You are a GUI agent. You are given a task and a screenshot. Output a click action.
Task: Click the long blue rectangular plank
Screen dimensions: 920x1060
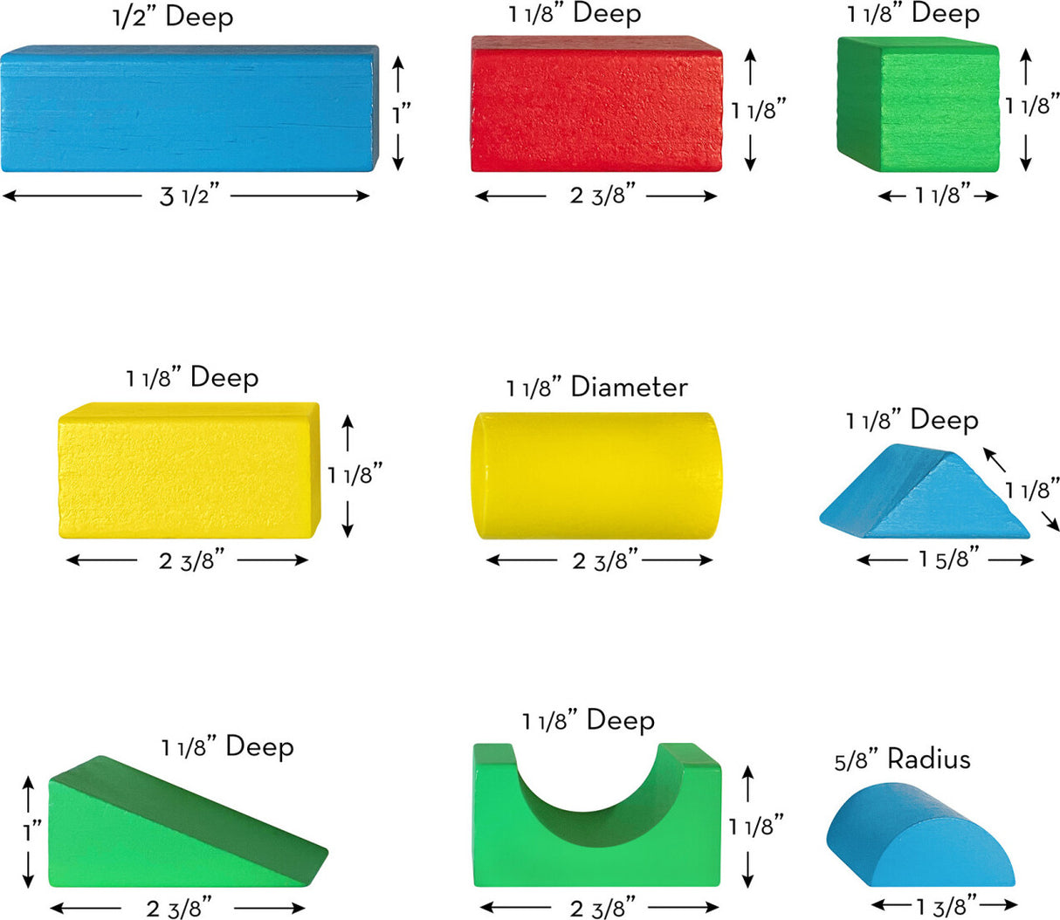click(189, 109)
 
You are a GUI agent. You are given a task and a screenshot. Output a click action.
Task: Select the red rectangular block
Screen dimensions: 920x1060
click(596, 105)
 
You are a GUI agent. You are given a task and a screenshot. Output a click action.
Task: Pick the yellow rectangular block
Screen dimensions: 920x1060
click(189, 471)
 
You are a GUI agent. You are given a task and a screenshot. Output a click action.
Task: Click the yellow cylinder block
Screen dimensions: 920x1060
click(596, 476)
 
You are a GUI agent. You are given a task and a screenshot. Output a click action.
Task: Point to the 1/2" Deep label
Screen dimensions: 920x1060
click(173, 17)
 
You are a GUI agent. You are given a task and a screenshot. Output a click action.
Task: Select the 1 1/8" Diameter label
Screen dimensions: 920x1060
click(596, 387)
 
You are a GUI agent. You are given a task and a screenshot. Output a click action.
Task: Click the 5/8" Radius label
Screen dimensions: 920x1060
click(902, 759)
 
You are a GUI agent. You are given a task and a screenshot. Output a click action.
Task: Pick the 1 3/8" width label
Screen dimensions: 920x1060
click(946, 906)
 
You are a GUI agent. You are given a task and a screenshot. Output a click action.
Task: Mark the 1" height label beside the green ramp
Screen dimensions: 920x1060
click(31, 831)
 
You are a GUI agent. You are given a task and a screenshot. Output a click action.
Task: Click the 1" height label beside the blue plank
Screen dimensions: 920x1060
click(401, 113)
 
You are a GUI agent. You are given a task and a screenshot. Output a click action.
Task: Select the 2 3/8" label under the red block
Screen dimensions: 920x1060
click(598, 196)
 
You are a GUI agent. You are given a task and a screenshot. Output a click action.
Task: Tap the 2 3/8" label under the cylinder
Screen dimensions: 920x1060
click(600, 560)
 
